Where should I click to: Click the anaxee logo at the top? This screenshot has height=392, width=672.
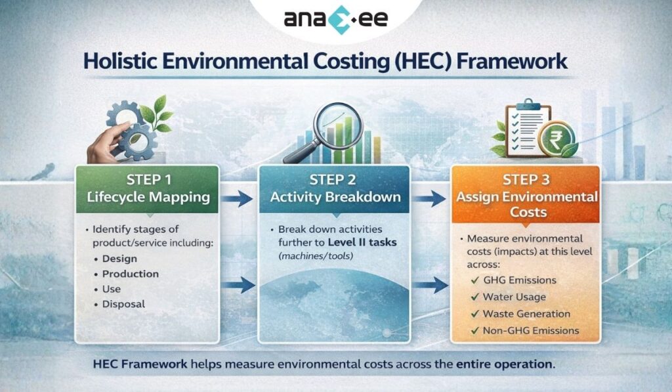[336, 18]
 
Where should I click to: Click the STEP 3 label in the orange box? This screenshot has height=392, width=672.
[524, 179]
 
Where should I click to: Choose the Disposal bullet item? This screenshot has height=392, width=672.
[123, 304]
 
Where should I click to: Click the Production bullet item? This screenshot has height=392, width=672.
[130, 274]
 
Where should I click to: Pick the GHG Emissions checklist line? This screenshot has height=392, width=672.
[519, 280]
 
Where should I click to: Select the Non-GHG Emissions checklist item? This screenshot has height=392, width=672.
[530, 330]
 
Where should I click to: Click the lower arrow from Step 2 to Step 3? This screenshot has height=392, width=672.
[430, 285]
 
